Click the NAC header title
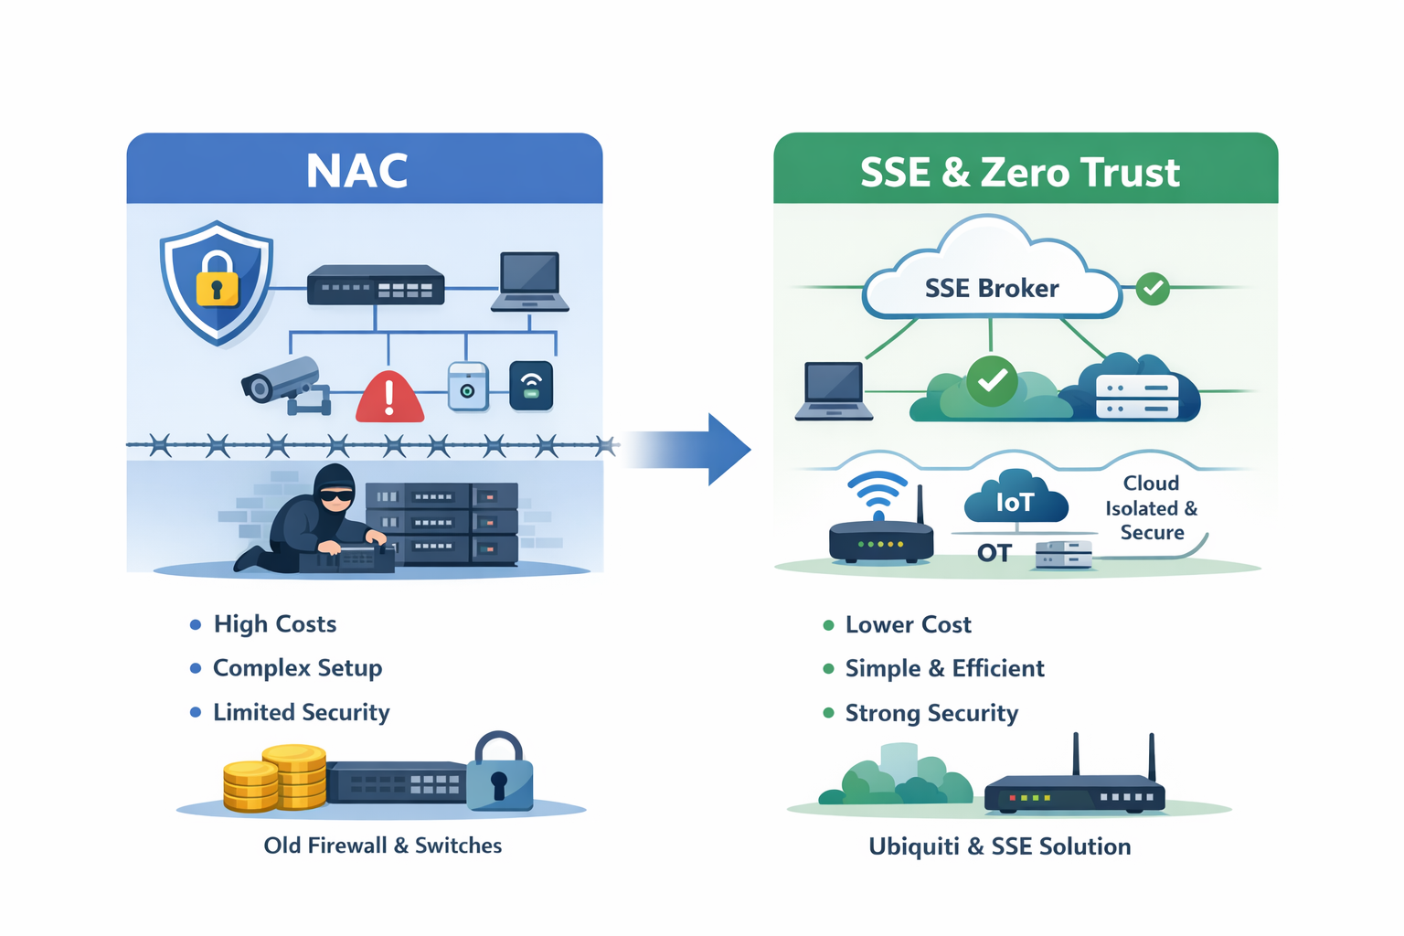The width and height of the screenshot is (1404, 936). pos(356,171)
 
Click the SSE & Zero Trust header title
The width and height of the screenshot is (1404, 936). pos(1019,173)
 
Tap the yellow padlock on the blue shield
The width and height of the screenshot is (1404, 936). pos(217,280)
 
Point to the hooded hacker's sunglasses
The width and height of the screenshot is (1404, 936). pos(335,495)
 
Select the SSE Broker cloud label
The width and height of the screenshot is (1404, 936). pos(992,289)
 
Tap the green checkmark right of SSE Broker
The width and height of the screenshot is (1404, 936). pos(1153,289)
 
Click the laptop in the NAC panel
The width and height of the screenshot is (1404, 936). pos(530,282)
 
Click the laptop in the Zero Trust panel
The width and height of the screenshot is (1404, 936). pos(834,390)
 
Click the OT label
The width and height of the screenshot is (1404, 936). pos(994,553)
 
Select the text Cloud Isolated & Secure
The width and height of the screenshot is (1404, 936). pos(1151,508)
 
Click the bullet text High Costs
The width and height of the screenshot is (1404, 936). pos(274,624)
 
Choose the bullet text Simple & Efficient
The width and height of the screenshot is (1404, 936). pos(944,669)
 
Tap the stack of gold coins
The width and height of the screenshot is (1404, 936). pos(274,779)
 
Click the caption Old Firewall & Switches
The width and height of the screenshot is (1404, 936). pos(382,846)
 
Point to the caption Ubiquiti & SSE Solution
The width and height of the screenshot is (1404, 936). pos(999,846)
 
